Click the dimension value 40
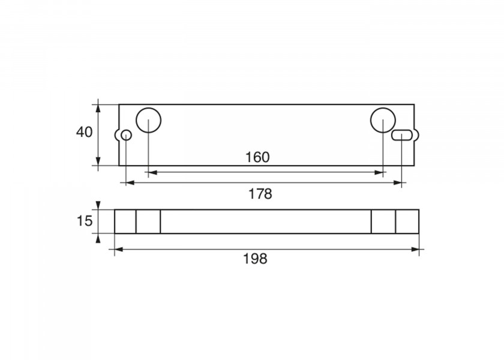[x=84, y=132]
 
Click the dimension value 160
[x=257, y=157]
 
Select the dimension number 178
[x=260, y=194]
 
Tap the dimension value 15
[x=85, y=221]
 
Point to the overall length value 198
[x=255, y=259]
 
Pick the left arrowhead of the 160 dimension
[x=152, y=173]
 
